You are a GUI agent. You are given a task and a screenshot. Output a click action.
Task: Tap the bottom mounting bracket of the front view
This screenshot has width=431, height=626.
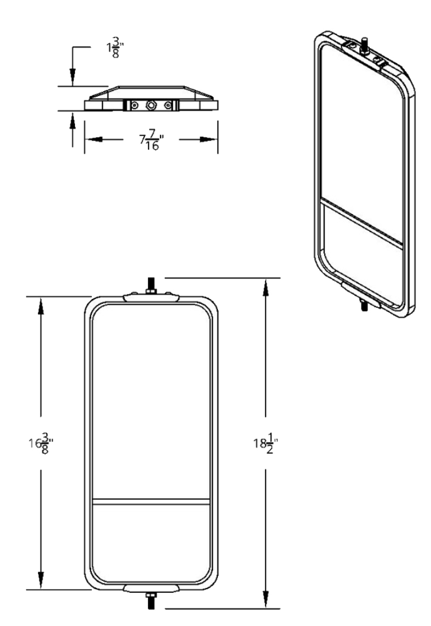(151, 589)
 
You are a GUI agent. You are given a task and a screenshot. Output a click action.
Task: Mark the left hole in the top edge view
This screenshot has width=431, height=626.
(134, 105)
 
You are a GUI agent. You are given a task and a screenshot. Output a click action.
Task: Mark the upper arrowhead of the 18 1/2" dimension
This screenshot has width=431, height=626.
(267, 285)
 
